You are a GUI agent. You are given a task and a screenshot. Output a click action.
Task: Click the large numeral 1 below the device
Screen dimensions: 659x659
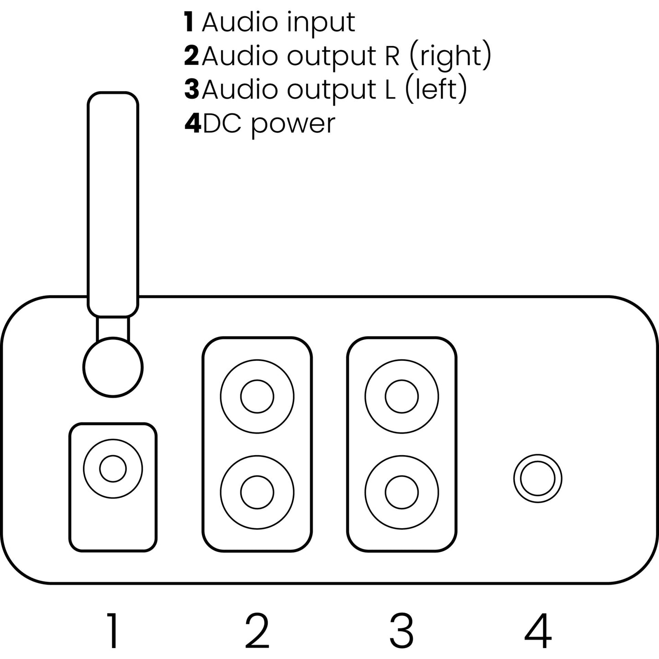(x=113, y=631)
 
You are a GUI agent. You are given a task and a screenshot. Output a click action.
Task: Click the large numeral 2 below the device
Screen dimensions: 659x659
(x=257, y=631)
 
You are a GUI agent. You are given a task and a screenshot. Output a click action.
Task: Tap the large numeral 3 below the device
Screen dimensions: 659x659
(x=401, y=631)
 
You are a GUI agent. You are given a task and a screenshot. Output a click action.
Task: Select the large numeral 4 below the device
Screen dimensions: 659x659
(x=538, y=631)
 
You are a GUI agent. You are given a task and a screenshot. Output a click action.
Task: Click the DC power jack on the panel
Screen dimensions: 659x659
(x=538, y=478)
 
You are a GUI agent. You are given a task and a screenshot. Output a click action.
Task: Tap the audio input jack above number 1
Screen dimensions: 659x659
(x=113, y=468)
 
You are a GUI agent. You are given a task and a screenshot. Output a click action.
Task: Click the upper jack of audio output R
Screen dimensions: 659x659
(x=257, y=396)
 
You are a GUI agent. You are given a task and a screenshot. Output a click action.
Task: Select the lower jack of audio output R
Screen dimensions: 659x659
(x=257, y=492)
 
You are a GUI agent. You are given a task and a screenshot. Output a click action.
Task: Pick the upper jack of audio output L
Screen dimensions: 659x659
(x=401, y=396)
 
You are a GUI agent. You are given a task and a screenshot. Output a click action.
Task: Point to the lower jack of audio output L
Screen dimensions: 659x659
(x=401, y=492)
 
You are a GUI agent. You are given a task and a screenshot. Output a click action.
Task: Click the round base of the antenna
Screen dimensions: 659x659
(x=113, y=368)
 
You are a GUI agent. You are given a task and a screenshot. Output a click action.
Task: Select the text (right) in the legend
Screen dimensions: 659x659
(x=449, y=56)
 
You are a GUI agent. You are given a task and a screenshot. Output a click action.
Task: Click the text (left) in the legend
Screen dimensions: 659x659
(x=436, y=89)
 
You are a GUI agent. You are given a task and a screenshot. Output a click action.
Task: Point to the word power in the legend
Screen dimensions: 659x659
(x=293, y=123)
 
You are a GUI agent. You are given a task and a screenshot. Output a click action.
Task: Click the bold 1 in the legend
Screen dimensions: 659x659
(x=189, y=22)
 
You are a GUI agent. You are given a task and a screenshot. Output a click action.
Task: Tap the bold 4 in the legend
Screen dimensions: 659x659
(x=192, y=123)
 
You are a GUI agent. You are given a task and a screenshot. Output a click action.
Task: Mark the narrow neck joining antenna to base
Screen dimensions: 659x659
(x=113, y=327)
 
